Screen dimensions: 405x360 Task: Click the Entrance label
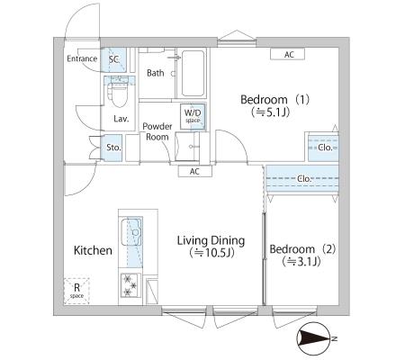[x=82, y=58]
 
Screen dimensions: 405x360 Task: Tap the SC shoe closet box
[x=113, y=59]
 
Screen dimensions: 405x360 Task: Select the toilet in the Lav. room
[x=119, y=92]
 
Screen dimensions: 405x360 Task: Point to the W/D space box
[x=193, y=116]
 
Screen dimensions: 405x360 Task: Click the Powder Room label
[x=157, y=131]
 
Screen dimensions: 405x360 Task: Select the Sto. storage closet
[x=112, y=148]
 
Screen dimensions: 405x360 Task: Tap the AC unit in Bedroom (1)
[x=288, y=54]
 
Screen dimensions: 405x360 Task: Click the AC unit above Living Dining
[x=195, y=171]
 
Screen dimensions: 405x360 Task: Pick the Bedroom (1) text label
[x=274, y=100]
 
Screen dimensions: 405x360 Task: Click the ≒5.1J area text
[x=270, y=112]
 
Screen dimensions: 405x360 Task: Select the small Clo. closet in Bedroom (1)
[x=323, y=148]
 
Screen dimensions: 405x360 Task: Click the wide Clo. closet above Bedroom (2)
[x=302, y=179]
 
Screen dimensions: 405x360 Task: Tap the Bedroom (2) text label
[x=302, y=249]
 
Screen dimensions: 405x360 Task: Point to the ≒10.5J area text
[x=211, y=253]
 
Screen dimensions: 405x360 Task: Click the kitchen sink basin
[x=131, y=232]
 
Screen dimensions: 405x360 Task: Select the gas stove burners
[x=130, y=285]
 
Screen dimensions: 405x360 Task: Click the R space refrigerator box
[x=76, y=291]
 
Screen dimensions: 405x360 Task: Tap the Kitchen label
[x=93, y=250]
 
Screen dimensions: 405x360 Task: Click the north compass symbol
[x=313, y=338]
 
